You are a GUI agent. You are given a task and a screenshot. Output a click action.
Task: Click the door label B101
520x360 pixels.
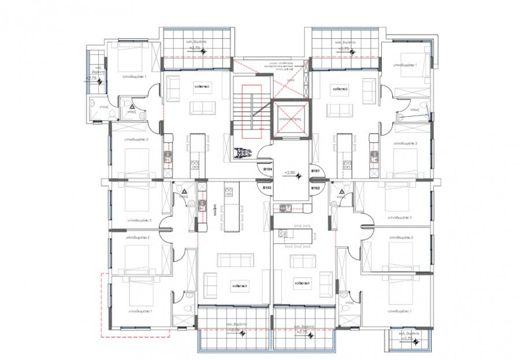tap(315, 171)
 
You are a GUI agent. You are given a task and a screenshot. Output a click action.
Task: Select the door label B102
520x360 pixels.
tap(315, 188)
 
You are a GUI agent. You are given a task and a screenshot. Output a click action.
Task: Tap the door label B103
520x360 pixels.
tap(268, 188)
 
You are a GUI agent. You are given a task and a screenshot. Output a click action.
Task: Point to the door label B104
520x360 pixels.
tap(268, 171)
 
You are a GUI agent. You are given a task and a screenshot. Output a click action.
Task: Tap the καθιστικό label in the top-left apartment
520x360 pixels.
tap(201, 85)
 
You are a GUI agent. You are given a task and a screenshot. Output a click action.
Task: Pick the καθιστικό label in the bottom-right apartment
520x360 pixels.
tap(302, 284)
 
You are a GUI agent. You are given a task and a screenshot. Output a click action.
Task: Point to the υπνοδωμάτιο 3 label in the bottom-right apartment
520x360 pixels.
tap(399, 217)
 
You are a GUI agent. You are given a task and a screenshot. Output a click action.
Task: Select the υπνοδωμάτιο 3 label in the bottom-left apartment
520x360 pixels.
tap(138, 220)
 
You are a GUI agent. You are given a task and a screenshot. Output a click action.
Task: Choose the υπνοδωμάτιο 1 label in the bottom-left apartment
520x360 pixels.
tap(138, 311)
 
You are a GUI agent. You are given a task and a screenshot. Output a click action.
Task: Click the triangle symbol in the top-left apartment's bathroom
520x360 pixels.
tap(132, 106)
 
